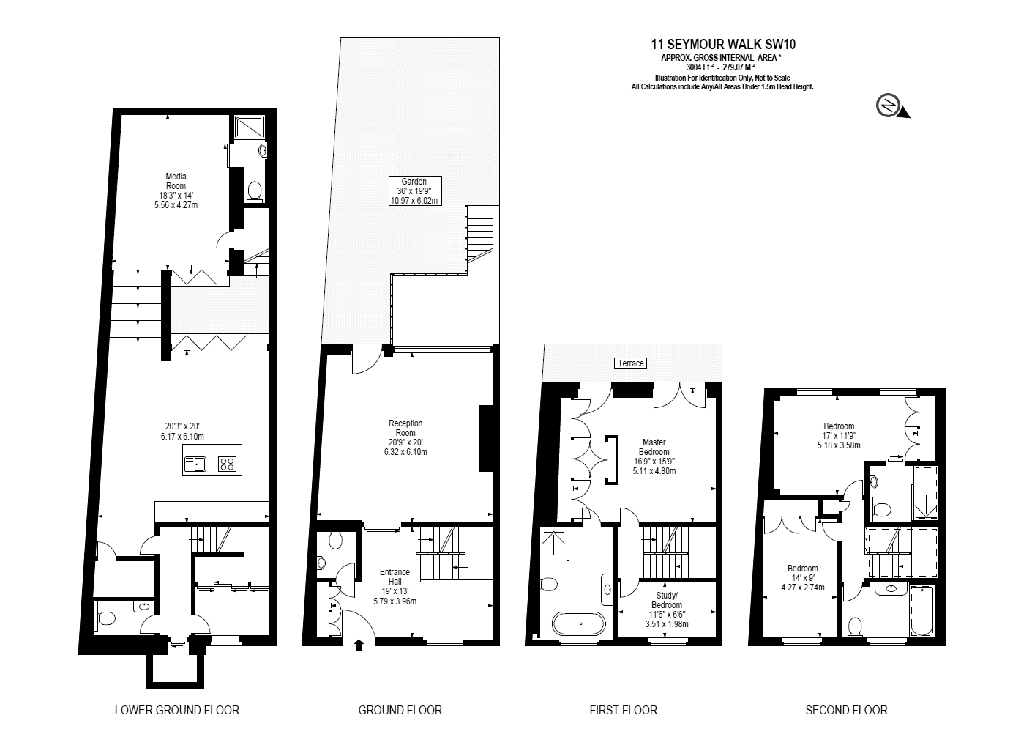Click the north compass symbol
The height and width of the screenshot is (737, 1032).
pyautogui.click(x=891, y=105)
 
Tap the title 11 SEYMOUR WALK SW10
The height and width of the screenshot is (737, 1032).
pyautogui.click(x=723, y=44)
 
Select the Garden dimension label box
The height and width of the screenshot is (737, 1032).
pyautogui.click(x=415, y=191)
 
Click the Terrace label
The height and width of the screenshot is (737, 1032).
pyautogui.click(x=630, y=363)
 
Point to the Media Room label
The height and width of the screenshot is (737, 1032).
pyautogui.click(x=176, y=190)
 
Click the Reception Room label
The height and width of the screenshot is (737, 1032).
pyautogui.click(x=405, y=437)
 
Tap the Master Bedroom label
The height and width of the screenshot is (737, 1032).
pyautogui.click(x=654, y=456)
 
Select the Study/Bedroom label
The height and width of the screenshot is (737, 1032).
pyautogui.click(x=667, y=610)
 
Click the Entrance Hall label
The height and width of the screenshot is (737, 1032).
pyautogui.click(x=395, y=586)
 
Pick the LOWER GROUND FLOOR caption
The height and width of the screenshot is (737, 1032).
pyautogui.click(x=177, y=710)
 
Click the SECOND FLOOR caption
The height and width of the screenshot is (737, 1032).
pyautogui.click(x=846, y=710)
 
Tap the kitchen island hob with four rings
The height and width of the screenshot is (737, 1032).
pyautogui.click(x=227, y=464)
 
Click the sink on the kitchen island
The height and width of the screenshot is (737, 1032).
pyautogui.click(x=195, y=464)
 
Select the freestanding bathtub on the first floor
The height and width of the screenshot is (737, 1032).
pyautogui.click(x=579, y=623)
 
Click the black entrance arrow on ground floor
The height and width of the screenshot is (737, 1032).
pyautogui.click(x=359, y=645)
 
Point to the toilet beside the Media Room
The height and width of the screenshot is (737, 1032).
pyautogui.click(x=255, y=192)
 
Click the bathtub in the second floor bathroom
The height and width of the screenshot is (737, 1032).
pyautogui.click(x=922, y=611)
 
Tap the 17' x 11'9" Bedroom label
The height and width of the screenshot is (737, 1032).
pyautogui.click(x=839, y=436)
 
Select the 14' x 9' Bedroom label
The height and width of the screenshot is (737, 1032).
pyautogui.click(x=803, y=578)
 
